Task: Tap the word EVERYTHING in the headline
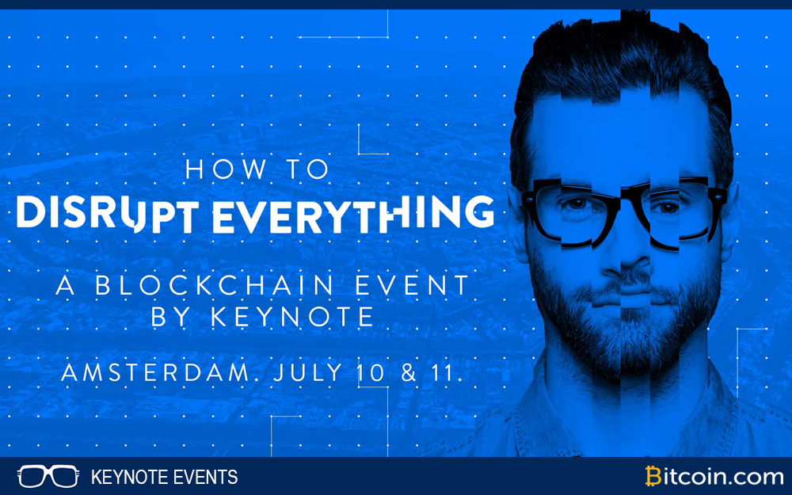353,214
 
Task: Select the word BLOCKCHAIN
215,285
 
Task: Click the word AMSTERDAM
155,373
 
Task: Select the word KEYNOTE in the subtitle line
292,317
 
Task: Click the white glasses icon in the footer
48,476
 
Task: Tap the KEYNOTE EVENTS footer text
164,477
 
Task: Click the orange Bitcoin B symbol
653,476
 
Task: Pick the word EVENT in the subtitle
413,285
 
